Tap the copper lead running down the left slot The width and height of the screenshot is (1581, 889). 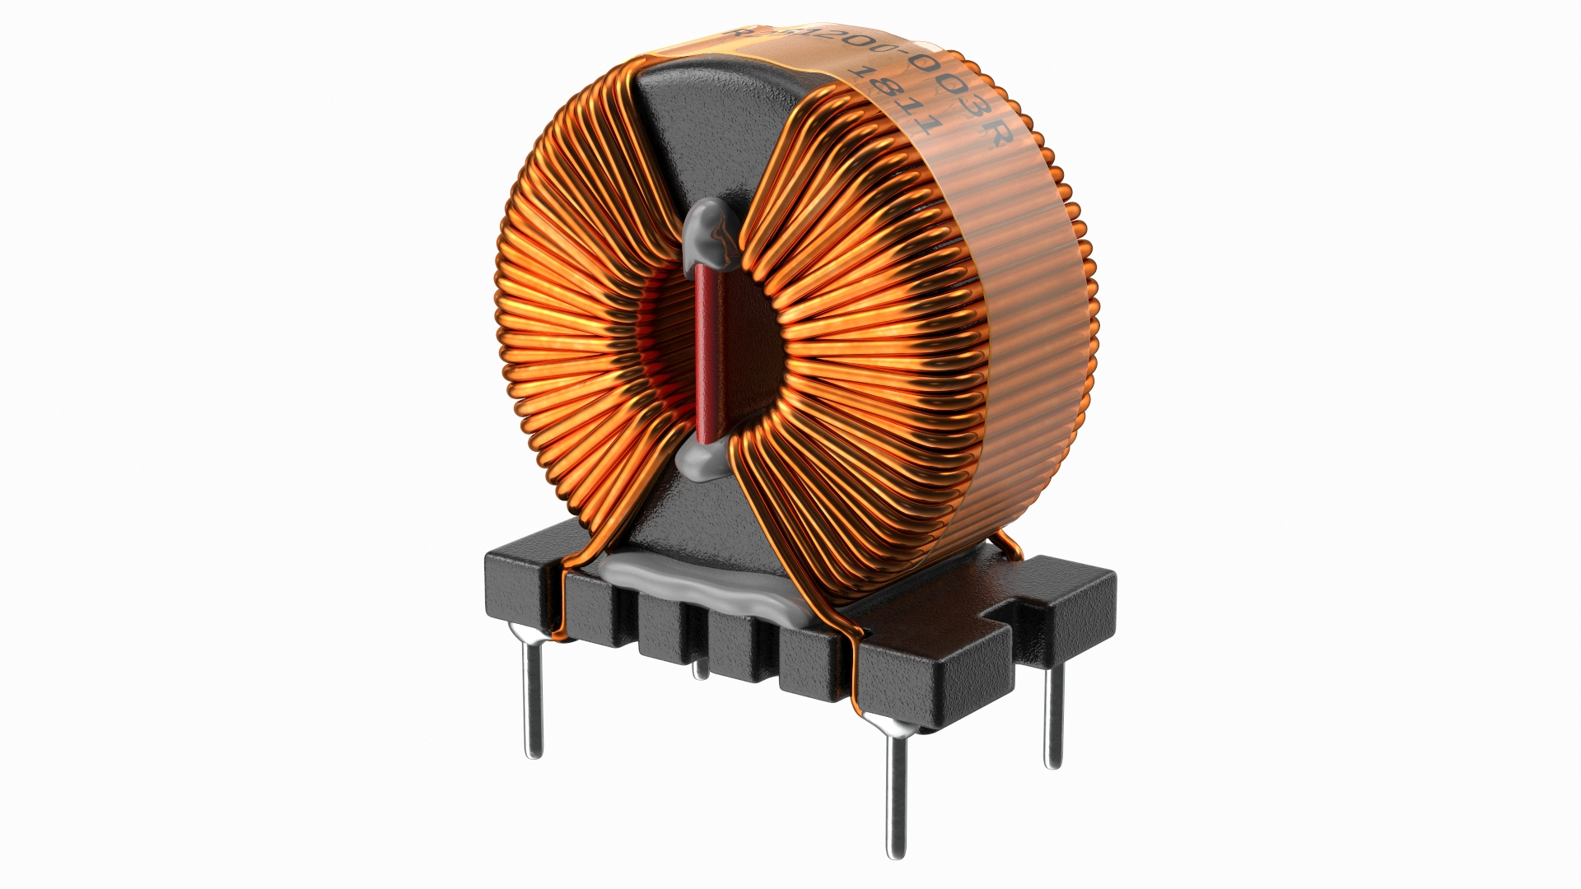pos(563,609)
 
